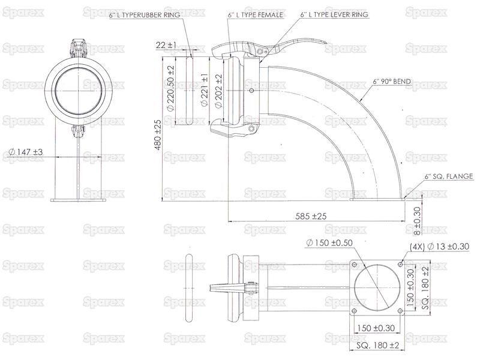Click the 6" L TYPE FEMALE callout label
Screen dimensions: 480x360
pyautogui.click(x=256, y=14)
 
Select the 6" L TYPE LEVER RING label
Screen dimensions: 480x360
pyautogui.click(x=334, y=14)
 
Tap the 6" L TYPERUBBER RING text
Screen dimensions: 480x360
pyautogui.click(x=145, y=14)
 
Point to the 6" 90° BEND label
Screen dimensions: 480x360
pyautogui.click(x=392, y=82)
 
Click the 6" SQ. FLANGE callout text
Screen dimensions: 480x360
pyautogui.click(x=448, y=176)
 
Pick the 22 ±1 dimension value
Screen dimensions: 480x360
pyautogui.click(x=166, y=45)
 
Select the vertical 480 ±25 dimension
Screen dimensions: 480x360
pyautogui.click(x=157, y=134)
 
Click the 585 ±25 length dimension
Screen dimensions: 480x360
pyautogui.click(x=311, y=216)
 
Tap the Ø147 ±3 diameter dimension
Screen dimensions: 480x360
pyautogui.click(x=26, y=152)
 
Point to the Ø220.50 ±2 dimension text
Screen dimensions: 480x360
pyautogui.click(x=170, y=88)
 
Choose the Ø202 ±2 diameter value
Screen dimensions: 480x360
pyautogui.click(x=218, y=91)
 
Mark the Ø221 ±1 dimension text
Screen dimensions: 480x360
pyautogui.click(x=204, y=89)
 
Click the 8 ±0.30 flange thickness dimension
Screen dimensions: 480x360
pyautogui.click(x=417, y=221)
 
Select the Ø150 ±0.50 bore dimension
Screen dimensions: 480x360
pyautogui.click(x=329, y=243)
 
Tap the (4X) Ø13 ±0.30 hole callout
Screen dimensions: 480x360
pyautogui.click(x=439, y=247)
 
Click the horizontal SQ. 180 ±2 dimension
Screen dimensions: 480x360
pyautogui.click(x=378, y=346)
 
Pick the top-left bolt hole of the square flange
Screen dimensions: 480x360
pyautogui.click(x=354, y=265)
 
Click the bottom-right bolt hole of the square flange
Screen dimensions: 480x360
pyautogui.click(x=400, y=311)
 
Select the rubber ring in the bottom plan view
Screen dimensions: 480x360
pyautogui.click(x=190, y=288)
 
